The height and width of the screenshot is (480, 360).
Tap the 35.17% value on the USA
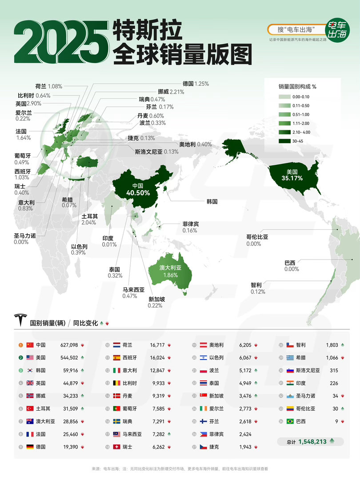pos(292,178)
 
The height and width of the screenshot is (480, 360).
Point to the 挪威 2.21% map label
pos(171,92)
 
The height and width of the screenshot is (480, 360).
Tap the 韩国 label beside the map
pos(212,201)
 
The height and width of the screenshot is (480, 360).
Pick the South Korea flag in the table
pos(30,370)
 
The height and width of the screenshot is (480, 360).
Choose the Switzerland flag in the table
pos(117,447)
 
